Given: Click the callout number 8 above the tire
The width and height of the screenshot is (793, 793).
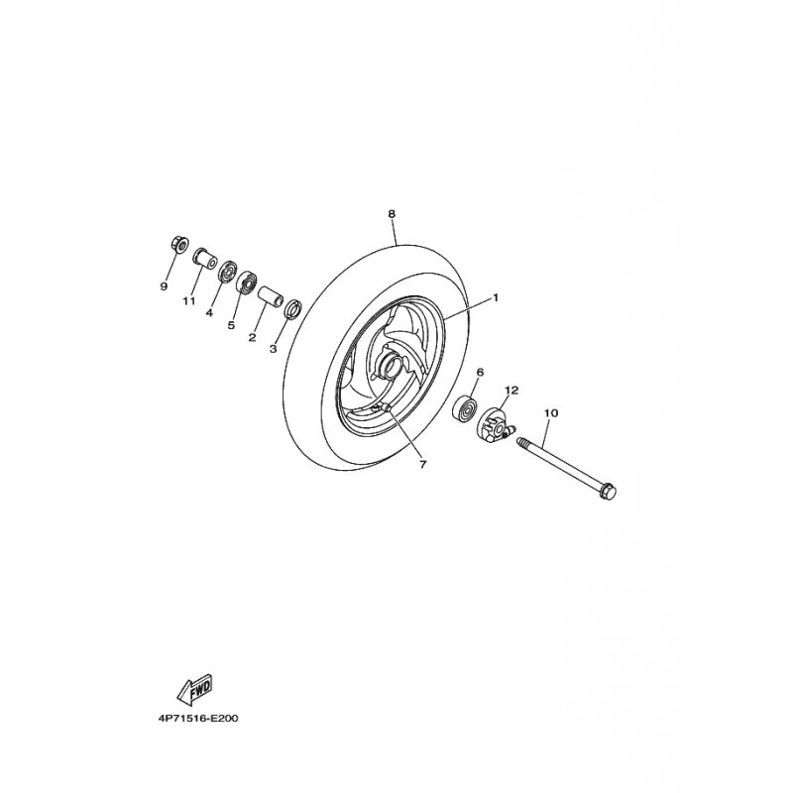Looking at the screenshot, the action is [392, 214].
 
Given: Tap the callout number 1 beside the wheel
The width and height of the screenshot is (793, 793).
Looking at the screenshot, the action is [496, 298].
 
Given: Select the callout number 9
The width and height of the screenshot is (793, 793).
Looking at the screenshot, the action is [164, 286].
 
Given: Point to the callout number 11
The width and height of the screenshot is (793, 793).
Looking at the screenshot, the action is [189, 301].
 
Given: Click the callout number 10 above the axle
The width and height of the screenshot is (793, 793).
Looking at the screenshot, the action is [551, 413].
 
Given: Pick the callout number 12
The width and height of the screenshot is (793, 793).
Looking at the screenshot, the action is [511, 390].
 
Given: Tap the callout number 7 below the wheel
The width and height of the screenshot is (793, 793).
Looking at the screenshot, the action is [423, 464].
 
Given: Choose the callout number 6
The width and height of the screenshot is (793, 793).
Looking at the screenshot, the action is [480, 373].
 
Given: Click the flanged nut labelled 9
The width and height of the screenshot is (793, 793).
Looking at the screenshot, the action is [180, 244].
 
